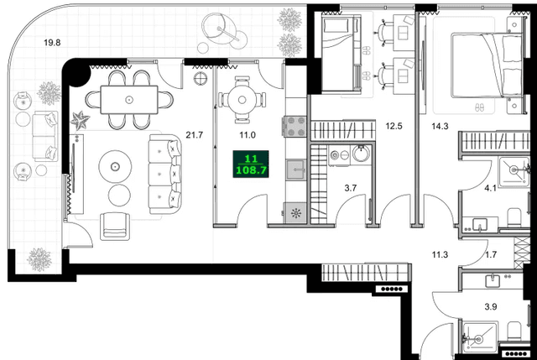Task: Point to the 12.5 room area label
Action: [394, 127]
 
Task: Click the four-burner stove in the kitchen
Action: [297, 127]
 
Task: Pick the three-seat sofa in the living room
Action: [164, 175]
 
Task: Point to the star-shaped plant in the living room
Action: [81, 121]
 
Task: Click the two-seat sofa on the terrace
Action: [39, 137]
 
